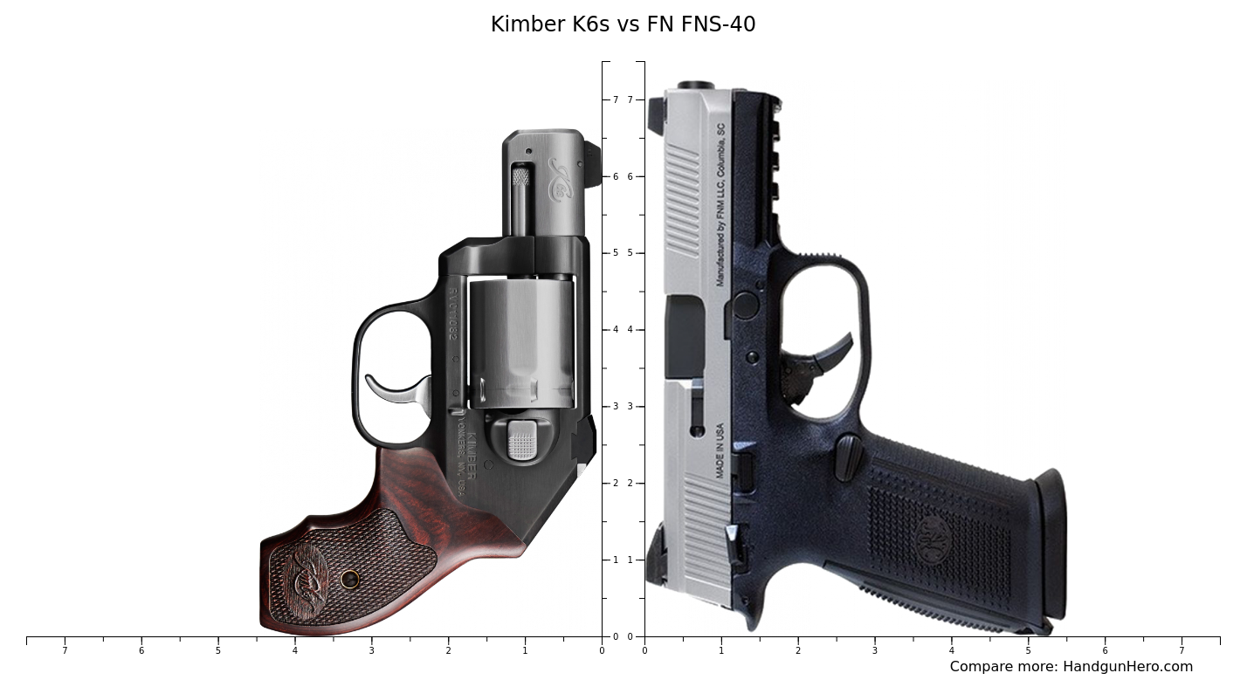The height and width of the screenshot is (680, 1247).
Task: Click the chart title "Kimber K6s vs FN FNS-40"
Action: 623,24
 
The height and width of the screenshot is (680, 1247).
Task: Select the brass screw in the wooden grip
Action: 350,579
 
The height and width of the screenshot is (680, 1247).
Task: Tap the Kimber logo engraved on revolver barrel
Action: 559,179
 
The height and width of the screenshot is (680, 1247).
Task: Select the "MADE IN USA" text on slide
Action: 720,450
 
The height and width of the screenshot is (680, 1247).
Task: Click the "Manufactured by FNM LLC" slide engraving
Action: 720,205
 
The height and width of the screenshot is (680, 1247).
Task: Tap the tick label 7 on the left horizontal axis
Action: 65,650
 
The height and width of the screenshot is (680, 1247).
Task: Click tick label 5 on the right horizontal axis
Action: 1028,650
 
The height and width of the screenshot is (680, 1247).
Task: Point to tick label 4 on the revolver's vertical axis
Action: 615,330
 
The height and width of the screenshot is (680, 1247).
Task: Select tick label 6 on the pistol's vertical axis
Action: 630,176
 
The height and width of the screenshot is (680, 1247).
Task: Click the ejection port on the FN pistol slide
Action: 685,336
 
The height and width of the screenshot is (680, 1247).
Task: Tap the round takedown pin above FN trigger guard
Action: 745,305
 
